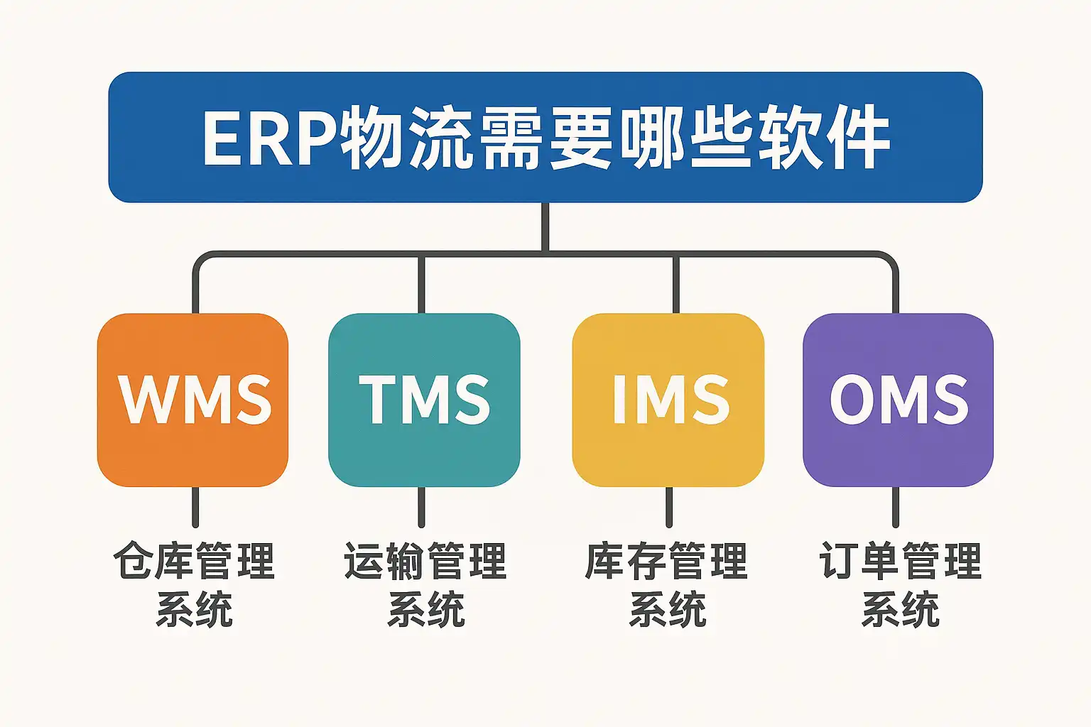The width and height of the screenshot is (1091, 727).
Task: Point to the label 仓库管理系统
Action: tap(194, 584)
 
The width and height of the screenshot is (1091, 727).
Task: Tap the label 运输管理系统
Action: tap(425, 584)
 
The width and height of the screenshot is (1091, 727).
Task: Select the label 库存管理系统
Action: tap(667, 584)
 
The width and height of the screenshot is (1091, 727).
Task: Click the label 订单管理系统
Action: tap(901, 584)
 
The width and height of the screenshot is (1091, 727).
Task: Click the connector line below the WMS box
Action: tap(195, 506)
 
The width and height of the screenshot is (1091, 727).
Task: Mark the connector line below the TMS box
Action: tap(421, 506)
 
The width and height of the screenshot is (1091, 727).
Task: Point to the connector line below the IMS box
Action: tap(668, 506)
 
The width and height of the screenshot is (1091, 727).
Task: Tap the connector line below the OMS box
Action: tap(895, 506)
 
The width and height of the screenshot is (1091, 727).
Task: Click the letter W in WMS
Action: tap(147, 400)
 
